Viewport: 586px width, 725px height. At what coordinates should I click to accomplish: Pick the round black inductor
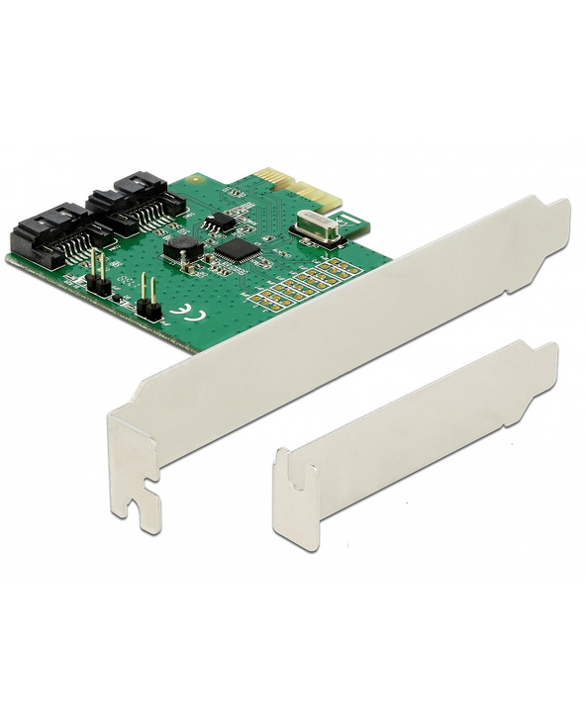tap(182, 249)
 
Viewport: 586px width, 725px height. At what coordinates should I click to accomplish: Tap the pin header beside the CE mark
tap(149, 303)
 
